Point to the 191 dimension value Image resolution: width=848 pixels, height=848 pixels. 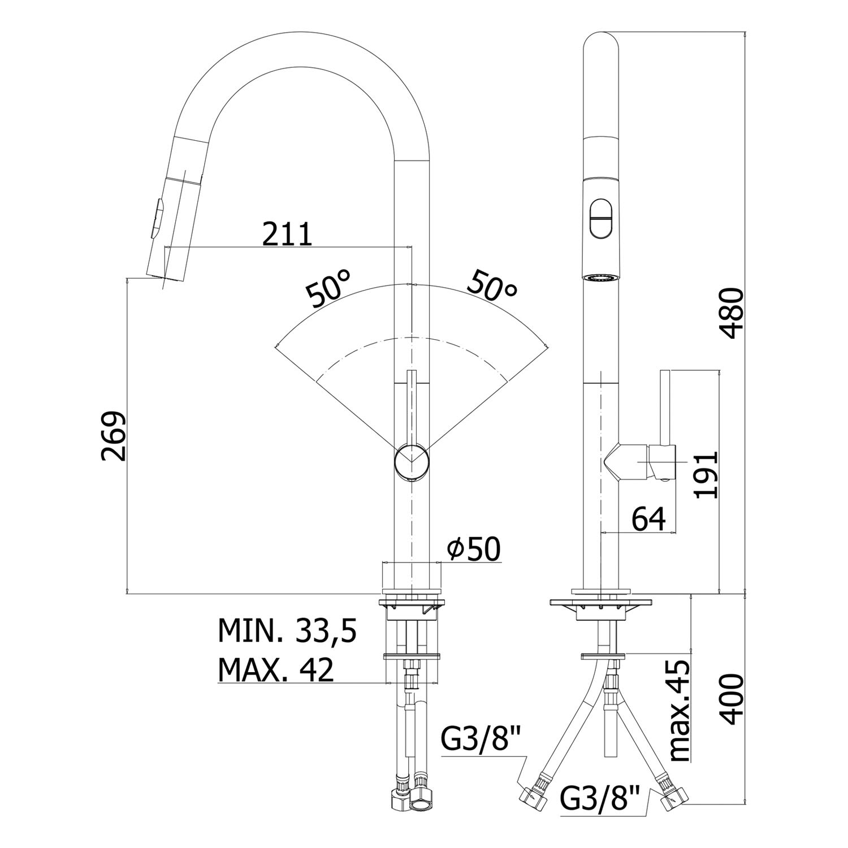tap(706, 474)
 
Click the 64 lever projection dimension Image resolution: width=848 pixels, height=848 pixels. tap(648, 518)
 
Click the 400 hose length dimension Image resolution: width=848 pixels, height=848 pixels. tap(733, 699)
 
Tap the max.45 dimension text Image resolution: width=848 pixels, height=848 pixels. tap(678, 711)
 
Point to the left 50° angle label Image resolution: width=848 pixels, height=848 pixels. tap(328, 288)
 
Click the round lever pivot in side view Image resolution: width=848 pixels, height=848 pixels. tap(413, 462)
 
